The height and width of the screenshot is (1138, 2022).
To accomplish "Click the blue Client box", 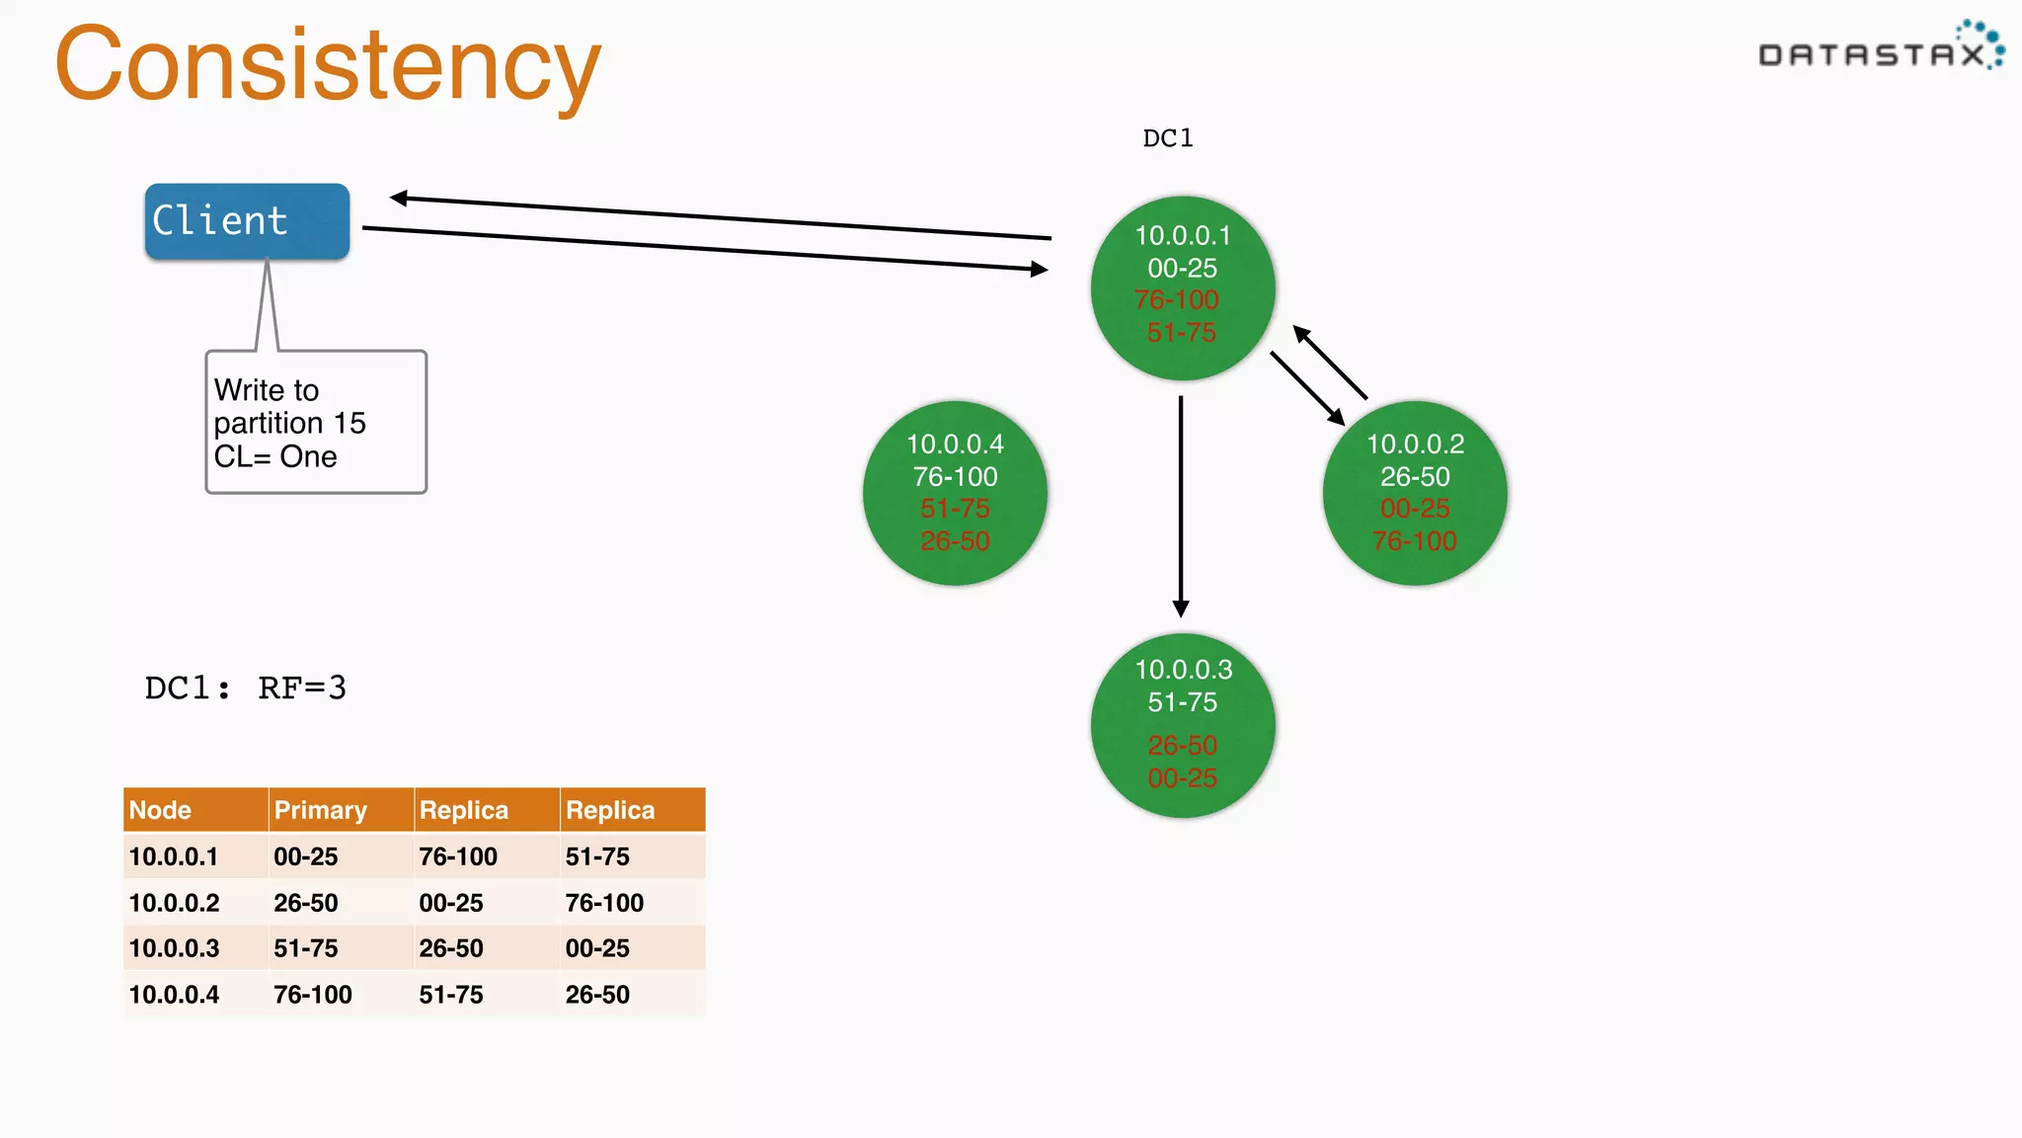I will [247, 221].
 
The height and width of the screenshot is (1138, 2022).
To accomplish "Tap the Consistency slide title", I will [328, 65].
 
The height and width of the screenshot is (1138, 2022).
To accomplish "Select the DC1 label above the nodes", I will [1168, 138].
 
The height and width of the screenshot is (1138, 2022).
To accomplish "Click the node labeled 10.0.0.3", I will [1183, 725].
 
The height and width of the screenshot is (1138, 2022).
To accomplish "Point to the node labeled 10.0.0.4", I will [955, 493].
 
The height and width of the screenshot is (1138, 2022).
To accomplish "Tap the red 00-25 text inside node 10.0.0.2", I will [1414, 509].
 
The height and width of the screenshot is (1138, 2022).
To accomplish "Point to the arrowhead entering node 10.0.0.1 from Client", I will [1038, 269].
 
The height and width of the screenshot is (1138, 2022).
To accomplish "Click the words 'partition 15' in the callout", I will [289, 424].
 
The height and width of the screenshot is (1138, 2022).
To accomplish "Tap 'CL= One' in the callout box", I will [275, 457].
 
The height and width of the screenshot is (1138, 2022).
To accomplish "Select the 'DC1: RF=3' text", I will [246, 688].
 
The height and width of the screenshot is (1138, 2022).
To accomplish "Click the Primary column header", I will [321, 810].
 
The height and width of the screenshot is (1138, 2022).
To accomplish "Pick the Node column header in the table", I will [161, 810].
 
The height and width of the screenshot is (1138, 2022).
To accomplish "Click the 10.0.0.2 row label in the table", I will [175, 903].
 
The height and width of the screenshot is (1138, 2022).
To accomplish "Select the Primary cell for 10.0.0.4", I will [313, 995].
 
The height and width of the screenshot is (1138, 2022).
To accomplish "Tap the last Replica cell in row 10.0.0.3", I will [597, 948].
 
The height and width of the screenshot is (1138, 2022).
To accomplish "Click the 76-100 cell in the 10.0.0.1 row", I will [458, 856].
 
